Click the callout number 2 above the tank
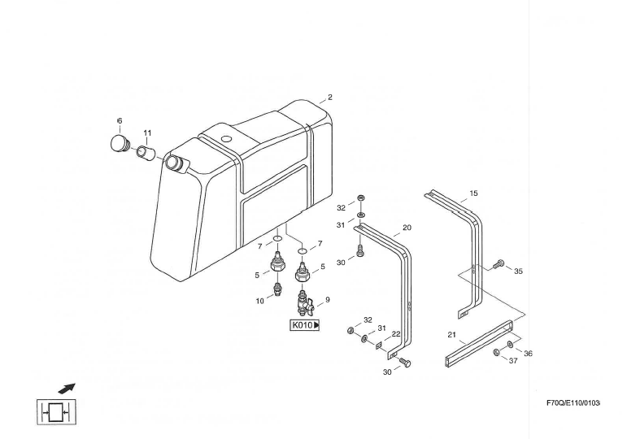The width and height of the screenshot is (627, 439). point(329,98)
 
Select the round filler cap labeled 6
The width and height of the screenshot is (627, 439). point(120,144)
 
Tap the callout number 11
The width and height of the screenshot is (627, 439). point(147,133)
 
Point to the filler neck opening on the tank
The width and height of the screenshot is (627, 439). point(175,163)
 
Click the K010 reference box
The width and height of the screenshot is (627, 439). point(305,325)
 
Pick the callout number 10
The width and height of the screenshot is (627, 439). point(259,301)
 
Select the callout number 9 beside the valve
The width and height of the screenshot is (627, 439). point(328,300)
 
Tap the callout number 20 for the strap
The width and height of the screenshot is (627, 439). point(407,228)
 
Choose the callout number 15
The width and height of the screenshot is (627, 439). point(474,193)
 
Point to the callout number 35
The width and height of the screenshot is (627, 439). point(518,272)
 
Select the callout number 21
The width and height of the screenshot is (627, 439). point(451,334)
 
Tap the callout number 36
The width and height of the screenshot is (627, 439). point(528,354)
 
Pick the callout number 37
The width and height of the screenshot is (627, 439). point(512,361)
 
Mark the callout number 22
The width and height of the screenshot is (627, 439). point(396,334)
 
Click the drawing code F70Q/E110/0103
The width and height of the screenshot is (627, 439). point(573,403)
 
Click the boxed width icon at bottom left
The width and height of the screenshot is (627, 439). point(57,413)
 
